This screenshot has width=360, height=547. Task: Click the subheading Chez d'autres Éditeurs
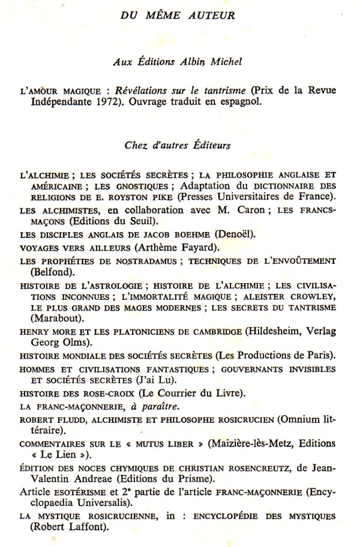coord(179,145)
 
